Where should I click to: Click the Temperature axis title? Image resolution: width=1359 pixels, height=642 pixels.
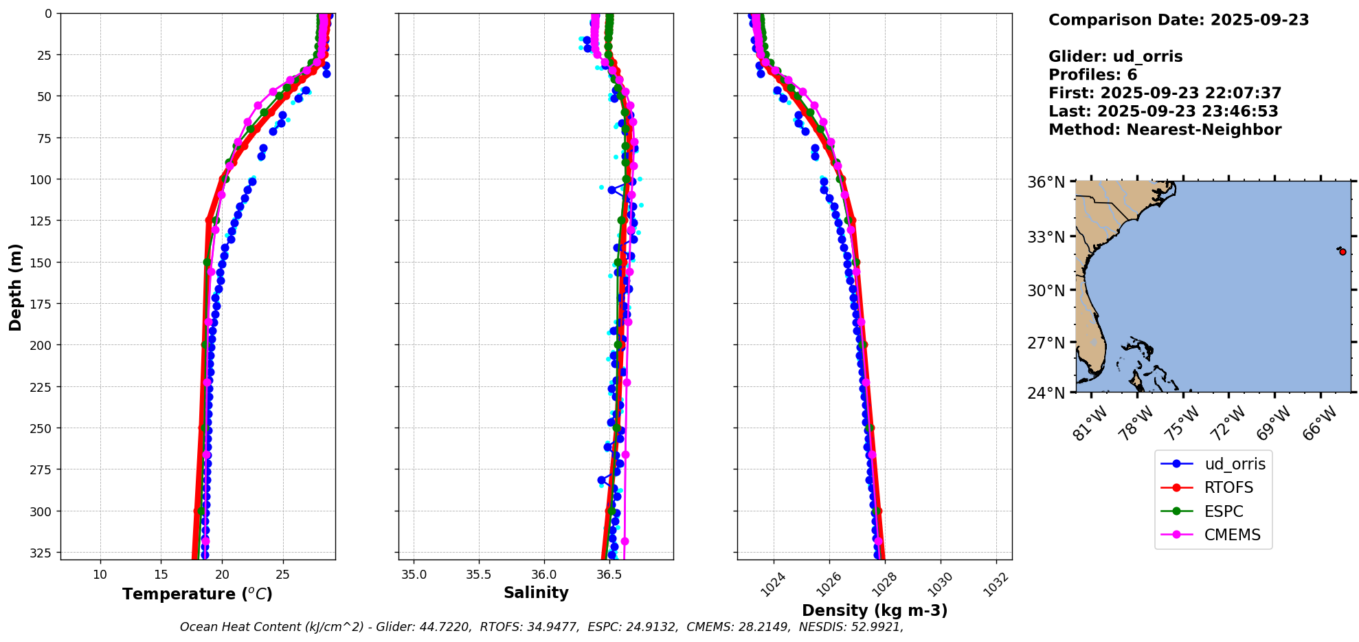point(197,594)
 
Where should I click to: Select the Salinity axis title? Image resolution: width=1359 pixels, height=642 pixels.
point(536,593)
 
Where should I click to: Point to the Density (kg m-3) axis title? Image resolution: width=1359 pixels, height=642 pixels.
point(875,610)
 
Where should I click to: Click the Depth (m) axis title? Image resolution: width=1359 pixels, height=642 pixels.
point(15,287)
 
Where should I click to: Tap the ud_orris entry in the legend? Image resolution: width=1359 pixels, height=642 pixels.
point(1235,464)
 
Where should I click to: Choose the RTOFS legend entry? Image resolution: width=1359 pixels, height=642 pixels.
point(1228,487)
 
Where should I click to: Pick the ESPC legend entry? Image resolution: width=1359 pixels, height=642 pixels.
point(1224,511)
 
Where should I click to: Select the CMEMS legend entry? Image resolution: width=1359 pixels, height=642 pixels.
point(1232,535)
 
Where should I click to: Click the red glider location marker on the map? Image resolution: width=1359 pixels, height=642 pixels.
point(1343,252)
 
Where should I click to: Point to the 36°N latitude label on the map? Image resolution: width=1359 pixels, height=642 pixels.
point(1046,182)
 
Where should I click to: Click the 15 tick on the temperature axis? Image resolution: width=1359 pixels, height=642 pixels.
point(161,575)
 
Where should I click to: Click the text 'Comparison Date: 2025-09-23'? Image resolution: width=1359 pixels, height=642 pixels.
point(1178,20)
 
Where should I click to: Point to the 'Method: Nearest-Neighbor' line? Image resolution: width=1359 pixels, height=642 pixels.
point(1165,130)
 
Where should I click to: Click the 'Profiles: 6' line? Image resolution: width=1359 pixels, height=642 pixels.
point(1092,75)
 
